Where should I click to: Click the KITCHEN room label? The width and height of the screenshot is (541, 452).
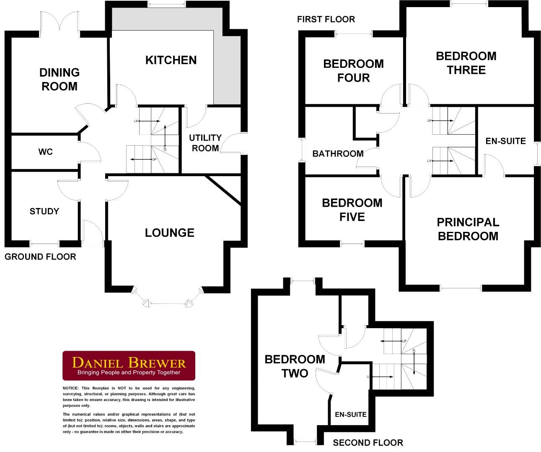click(171, 60)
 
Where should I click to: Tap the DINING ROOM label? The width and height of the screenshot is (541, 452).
click(59, 80)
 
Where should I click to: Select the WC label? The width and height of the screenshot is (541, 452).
click(45, 152)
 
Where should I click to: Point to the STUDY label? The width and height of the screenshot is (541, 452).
click(44, 211)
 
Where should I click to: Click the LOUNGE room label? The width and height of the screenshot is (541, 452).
click(170, 233)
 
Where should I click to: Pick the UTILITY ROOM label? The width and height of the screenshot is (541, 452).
click(205, 143)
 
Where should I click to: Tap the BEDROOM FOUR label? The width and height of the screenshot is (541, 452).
click(353, 71)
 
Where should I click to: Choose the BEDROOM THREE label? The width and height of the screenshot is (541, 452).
click(466, 63)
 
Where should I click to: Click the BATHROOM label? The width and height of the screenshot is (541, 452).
click(338, 154)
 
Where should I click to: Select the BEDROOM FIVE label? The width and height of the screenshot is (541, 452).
click(352, 210)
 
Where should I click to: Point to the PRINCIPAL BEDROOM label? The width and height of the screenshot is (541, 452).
click(468, 229)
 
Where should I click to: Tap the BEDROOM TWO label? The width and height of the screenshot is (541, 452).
click(295, 366)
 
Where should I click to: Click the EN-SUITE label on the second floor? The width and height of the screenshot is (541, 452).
click(351, 414)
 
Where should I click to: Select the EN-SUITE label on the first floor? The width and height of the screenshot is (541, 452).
click(505, 141)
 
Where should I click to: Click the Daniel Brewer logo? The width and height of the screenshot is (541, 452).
click(129, 365)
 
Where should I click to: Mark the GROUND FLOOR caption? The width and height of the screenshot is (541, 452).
click(40, 257)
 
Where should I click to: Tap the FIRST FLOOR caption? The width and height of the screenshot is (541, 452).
click(326, 19)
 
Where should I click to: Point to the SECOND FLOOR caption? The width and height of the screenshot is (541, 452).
click(368, 443)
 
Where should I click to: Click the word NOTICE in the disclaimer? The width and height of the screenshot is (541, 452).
click(70, 388)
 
